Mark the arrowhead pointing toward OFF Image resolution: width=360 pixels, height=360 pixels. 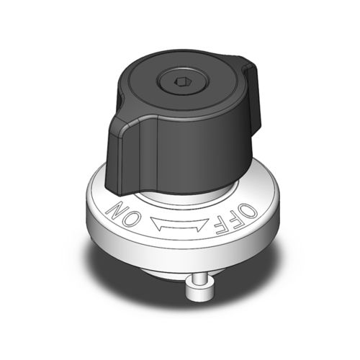pos(204,226)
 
